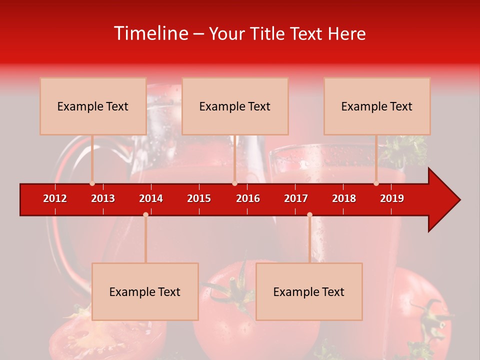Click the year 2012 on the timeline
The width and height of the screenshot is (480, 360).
point(55,198)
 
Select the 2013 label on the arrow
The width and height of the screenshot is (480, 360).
point(103,198)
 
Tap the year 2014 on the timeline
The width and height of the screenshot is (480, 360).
point(151,198)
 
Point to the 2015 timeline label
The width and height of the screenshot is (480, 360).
point(199,198)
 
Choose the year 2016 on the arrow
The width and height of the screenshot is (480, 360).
point(248,198)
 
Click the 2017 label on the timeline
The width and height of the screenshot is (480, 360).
point(296,198)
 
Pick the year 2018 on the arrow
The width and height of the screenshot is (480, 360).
point(344,198)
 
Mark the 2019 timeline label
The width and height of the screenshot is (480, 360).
point(392,198)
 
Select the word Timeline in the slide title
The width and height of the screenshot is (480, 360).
point(150,33)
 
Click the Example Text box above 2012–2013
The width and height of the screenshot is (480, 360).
point(93,106)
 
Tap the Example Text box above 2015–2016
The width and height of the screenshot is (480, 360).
point(235,106)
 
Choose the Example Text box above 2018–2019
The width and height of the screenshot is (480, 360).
point(377,106)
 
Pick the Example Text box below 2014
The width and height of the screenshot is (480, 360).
point(145,291)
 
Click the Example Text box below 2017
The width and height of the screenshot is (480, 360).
point(309,291)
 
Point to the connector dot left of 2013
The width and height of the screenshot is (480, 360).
point(92,183)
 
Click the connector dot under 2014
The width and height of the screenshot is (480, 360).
point(145,214)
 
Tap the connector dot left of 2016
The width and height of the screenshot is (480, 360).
point(234,183)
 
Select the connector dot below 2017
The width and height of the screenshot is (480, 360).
point(309,214)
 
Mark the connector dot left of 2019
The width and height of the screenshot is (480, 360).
point(376,183)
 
